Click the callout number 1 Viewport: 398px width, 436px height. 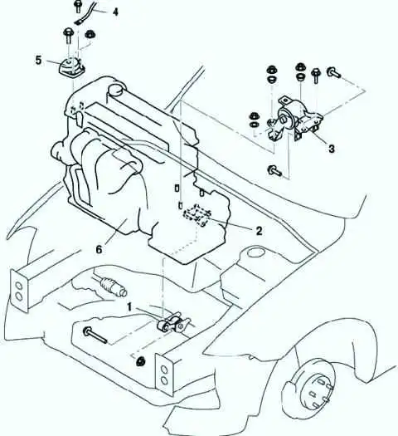[x=130, y=307]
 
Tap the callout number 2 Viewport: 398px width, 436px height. [x=259, y=231]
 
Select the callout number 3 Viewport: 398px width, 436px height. [x=332, y=149]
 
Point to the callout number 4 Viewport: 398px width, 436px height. [x=115, y=12]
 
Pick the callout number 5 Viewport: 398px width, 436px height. [x=39, y=60]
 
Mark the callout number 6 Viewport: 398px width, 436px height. [x=99, y=249]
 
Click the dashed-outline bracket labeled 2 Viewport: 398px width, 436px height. [x=197, y=214]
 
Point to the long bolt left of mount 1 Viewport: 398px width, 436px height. [x=95, y=335]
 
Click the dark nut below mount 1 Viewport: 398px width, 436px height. [x=141, y=361]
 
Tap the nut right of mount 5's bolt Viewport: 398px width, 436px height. [x=90, y=35]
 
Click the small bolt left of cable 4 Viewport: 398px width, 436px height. [x=78, y=7]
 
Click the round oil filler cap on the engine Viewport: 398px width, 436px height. [x=116, y=90]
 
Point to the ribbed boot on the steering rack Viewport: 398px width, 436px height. [x=108, y=284]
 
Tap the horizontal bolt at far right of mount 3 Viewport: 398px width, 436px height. [x=333, y=72]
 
